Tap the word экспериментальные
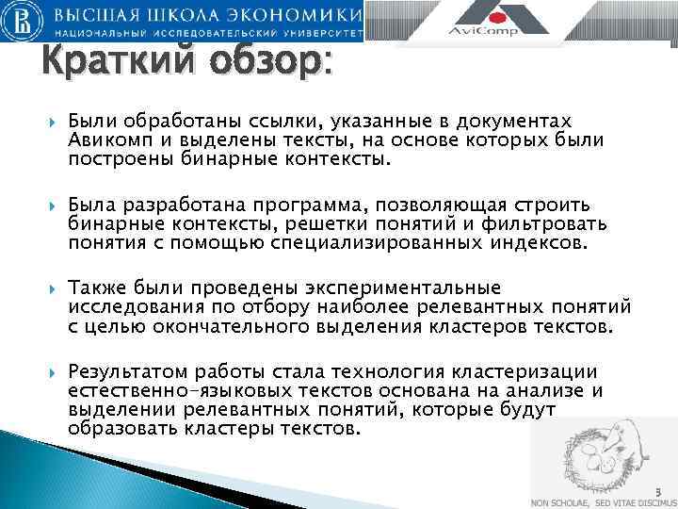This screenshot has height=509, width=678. pos(404,287)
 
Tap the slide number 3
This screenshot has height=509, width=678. pos(659,490)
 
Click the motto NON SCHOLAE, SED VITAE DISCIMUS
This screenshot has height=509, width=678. pos(601,502)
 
